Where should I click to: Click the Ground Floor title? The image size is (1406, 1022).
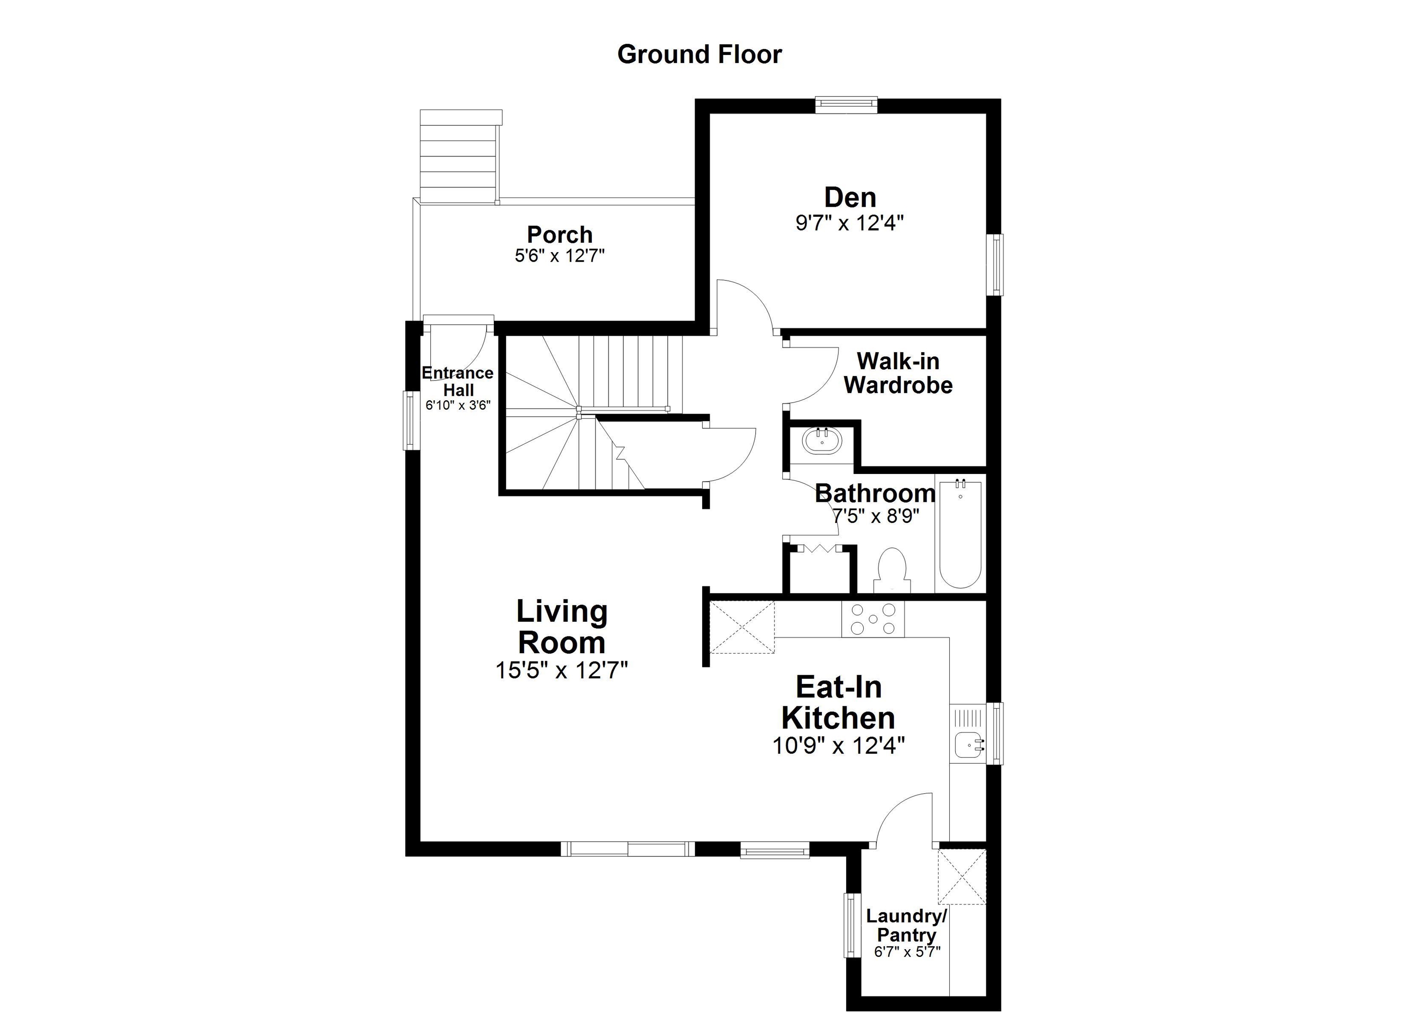[699, 54]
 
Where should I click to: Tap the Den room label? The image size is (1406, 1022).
[850, 198]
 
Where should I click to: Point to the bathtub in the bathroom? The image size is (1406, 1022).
[960, 534]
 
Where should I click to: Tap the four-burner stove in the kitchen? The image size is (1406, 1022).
[872, 619]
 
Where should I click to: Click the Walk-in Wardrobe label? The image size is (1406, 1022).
[898, 373]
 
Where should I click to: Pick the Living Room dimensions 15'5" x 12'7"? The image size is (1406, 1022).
[562, 670]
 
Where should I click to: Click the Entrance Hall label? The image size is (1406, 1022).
[458, 381]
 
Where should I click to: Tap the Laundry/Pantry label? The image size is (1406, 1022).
[906, 925]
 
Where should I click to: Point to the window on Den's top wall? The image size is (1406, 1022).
[846, 104]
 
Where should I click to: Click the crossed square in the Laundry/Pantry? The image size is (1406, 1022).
[961, 877]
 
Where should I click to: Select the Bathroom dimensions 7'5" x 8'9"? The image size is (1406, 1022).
[876, 516]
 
